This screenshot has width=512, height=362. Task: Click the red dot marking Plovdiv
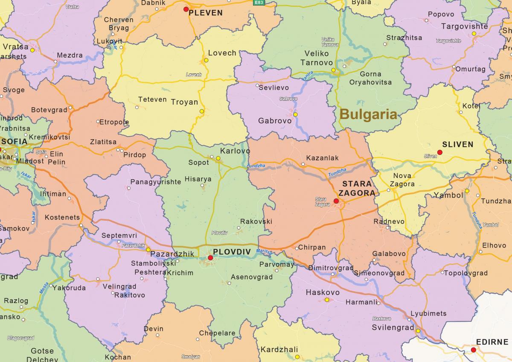coord(210,258)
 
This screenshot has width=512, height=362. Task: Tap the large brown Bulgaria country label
coord(369,114)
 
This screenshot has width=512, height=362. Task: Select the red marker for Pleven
coord(186,9)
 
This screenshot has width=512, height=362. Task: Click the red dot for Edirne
coord(474,350)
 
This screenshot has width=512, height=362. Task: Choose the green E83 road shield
coord(259,3)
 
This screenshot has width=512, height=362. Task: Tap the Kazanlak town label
coord(322,158)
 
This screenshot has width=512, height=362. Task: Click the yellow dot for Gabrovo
coord(295,114)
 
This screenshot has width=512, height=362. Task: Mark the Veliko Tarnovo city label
coord(317,58)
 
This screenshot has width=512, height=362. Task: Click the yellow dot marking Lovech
coord(206,61)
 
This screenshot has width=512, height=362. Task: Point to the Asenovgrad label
coord(251,277)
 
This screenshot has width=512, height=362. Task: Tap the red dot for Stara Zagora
coord(336,201)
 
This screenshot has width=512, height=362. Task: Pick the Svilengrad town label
coord(393,328)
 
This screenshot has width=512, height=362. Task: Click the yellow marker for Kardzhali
coord(297,357)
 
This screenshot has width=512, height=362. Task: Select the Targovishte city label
coord(464,26)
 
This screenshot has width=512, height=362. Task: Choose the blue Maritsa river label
coord(264,252)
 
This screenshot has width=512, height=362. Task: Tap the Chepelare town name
coord(217,333)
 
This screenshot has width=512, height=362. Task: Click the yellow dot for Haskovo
coord(327,300)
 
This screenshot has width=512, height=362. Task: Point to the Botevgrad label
coord(49,110)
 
